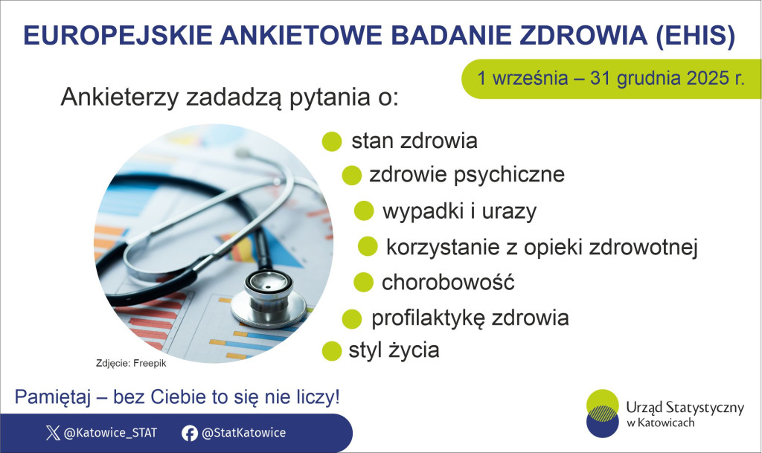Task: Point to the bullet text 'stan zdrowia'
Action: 414,141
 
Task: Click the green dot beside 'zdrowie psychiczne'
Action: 351,176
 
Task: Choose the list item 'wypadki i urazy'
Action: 458,211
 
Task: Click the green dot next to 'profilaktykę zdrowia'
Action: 351,319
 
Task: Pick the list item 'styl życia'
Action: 394,350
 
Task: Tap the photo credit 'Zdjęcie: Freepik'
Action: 132,364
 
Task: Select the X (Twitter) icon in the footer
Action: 52,433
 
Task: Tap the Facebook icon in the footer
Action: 190,433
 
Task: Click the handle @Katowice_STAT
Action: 110,433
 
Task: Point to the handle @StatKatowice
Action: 243,433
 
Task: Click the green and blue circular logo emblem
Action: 603,413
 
